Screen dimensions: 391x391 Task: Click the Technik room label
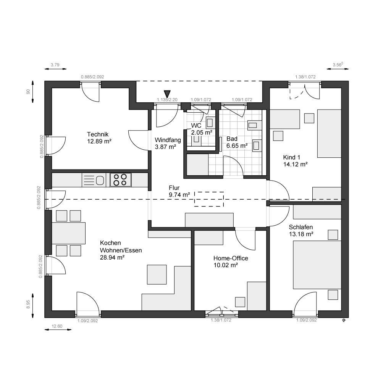pyautogui.click(x=98, y=134)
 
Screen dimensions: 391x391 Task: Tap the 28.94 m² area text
pyautogui.click(x=113, y=258)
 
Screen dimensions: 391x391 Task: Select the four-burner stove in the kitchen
pyautogui.click(x=120, y=179)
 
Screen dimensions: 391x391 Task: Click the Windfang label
pyautogui.click(x=165, y=140)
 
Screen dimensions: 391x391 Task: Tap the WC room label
pyautogui.click(x=196, y=126)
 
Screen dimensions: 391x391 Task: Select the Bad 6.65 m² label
pyautogui.click(x=237, y=142)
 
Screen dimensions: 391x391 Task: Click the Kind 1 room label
pyautogui.click(x=292, y=157)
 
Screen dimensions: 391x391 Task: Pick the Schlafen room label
pyautogui.click(x=301, y=226)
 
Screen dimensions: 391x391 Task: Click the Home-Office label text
pyautogui.click(x=231, y=258)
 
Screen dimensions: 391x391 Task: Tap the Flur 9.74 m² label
pyautogui.click(x=179, y=191)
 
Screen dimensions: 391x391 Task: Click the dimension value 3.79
pyautogui.click(x=55, y=65)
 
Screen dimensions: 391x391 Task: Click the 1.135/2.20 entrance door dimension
pyautogui.click(x=167, y=100)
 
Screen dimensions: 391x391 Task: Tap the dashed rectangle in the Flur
pyautogui.click(x=209, y=199)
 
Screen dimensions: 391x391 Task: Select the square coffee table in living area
pyautogui.click(x=157, y=275)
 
